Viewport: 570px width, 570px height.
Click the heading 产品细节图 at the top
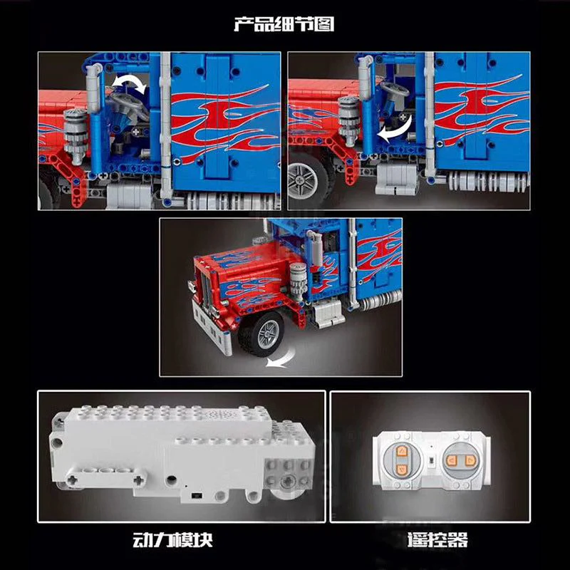pyautogui.click(x=284, y=24)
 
